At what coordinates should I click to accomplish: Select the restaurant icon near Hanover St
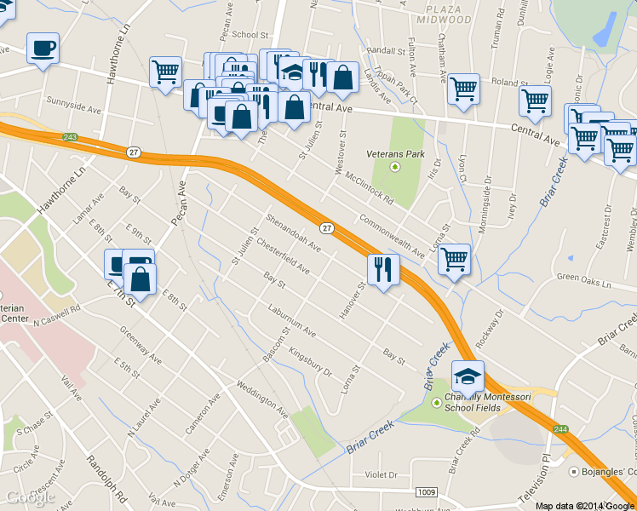coord(383,270)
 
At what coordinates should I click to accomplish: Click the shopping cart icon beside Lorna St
coord(454,258)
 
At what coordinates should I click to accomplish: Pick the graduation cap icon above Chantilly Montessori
coord(468,376)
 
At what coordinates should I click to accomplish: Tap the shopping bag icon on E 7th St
coord(140,278)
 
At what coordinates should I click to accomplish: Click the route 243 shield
coord(70,137)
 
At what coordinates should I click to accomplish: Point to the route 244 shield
coord(559,429)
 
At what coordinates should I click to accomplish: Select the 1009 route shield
coord(428,492)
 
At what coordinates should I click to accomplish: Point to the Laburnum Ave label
coord(291,320)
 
